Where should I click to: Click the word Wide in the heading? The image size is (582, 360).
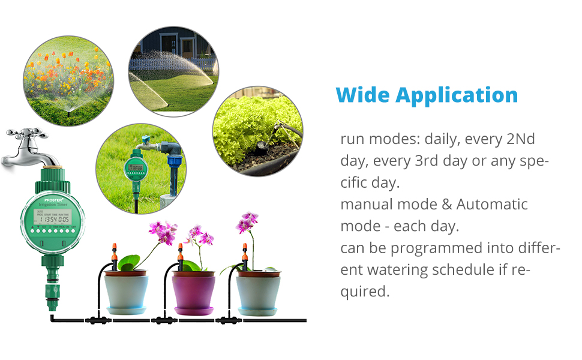pyautogui.click(x=362, y=95)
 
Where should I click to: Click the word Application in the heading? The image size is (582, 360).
pyautogui.click(x=457, y=96)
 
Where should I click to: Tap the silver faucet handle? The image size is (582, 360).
pyautogui.click(x=27, y=134)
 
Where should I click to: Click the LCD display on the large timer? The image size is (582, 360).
pyautogui.click(x=52, y=217)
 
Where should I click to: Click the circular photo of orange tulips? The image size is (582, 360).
pyautogui.click(x=68, y=81)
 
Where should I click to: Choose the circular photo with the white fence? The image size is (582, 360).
pyautogui.click(x=173, y=71)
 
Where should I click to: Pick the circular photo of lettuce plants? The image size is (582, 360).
pyautogui.click(x=258, y=131)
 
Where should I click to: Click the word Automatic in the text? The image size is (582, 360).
pyautogui.click(x=492, y=204)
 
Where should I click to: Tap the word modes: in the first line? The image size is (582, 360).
pyautogui.click(x=395, y=139)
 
